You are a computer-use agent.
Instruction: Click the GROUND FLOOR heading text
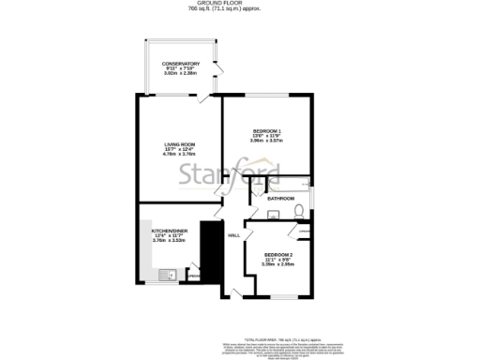[240, 5]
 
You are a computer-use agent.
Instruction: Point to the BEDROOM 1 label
[267, 130]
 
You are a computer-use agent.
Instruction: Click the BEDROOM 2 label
[278, 255]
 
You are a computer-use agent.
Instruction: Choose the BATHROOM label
[281, 199]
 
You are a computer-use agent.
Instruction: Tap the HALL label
[234, 235]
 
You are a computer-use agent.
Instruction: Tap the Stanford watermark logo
[241, 173]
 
